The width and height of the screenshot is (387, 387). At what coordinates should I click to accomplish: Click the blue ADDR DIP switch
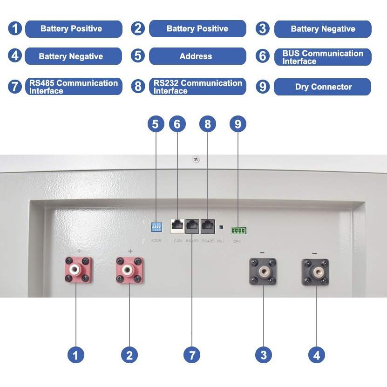click(x=156, y=227)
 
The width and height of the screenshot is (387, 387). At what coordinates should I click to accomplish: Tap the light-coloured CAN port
click(x=177, y=226)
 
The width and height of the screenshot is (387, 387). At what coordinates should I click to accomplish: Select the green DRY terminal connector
click(x=238, y=230)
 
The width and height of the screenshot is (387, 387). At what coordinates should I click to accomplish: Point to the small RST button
click(x=221, y=227)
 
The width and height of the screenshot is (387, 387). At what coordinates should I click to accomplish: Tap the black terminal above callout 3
click(x=263, y=272)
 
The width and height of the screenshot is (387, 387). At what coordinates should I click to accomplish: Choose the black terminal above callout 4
click(x=315, y=272)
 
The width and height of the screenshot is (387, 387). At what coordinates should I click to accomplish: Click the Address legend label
click(x=197, y=56)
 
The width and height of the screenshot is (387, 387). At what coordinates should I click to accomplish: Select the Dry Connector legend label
click(x=323, y=87)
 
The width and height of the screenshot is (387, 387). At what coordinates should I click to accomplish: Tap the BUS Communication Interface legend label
click(x=323, y=57)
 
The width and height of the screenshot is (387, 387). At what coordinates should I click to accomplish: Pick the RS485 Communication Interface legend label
click(x=74, y=87)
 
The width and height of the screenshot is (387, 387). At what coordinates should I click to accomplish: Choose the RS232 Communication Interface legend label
click(x=197, y=87)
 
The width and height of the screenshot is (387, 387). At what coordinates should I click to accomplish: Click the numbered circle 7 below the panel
click(x=191, y=355)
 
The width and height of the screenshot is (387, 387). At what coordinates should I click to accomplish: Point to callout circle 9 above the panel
click(x=238, y=124)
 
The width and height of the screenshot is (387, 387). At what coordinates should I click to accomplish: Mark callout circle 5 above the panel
click(x=156, y=124)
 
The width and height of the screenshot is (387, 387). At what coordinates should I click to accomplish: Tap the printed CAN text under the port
click(x=177, y=241)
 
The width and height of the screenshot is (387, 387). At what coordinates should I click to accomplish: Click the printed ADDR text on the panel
click(x=156, y=241)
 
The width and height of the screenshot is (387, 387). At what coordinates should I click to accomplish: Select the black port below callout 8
click(x=208, y=226)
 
